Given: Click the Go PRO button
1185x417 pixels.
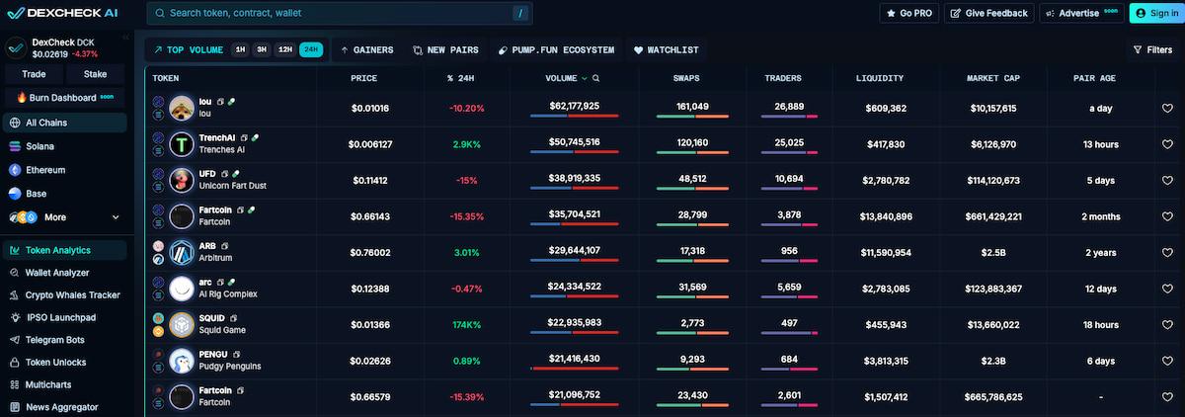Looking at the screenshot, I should coord(908,13).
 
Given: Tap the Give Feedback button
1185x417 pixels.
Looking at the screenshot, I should coord(988,13).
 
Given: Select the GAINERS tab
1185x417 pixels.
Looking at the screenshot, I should coord(366,49).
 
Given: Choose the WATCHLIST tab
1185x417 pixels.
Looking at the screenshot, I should coord(667,49).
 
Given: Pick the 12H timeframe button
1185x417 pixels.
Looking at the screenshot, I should coord(284,49).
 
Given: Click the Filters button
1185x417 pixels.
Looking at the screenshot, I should coord(1152,49).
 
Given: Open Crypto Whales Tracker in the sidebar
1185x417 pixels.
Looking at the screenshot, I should coord(72,295).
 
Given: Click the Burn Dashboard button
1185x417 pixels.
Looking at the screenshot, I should coord(64,98).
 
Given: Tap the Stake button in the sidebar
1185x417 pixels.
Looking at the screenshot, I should coord(96,74).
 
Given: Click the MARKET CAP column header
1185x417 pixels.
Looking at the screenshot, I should coord(992,78).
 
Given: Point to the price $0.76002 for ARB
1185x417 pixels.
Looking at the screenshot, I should coord(370,252).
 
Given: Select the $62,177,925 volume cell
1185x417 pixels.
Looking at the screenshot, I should coord(574,107).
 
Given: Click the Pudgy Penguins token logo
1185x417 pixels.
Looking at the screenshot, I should coord(182,361).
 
